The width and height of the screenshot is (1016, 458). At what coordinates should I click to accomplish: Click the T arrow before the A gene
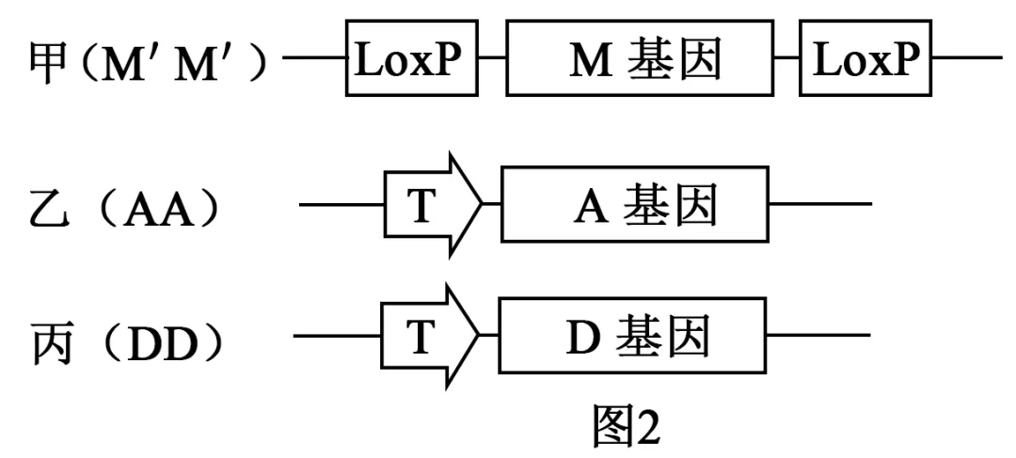(431, 205)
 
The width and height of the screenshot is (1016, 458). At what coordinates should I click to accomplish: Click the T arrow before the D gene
(429, 336)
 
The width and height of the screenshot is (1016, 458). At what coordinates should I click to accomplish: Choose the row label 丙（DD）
(128, 338)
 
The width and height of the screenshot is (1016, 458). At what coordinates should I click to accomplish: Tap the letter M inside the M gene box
(588, 61)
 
